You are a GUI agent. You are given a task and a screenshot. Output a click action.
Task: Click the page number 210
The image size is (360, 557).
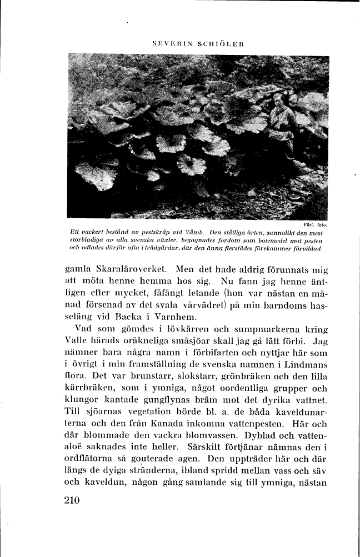point(73,500)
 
